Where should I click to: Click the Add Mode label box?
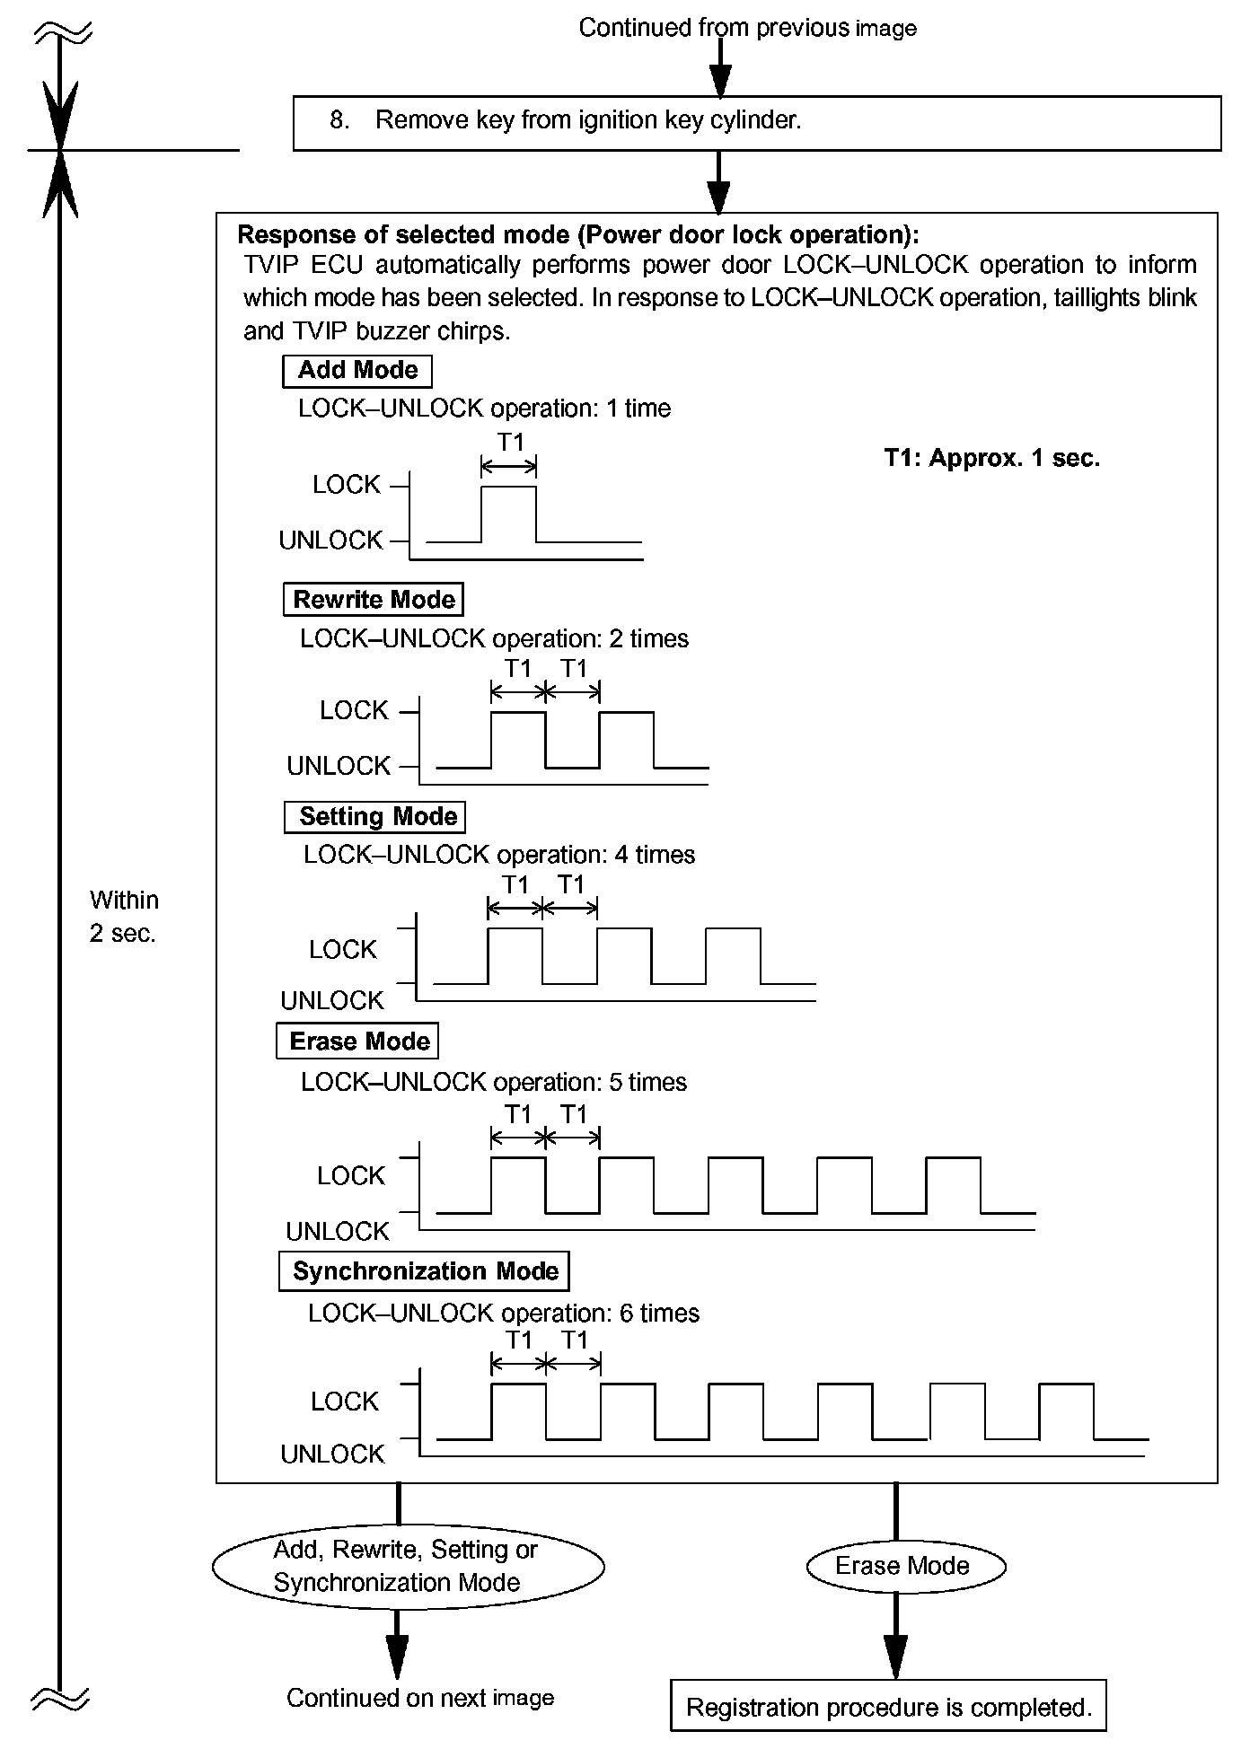[357, 370]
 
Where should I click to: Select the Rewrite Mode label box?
[374, 600]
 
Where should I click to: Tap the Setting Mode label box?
[375, 817]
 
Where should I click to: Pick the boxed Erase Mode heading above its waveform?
[357, 1041]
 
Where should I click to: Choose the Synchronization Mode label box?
[424, 1271]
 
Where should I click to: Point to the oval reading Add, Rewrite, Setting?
[408, 1566]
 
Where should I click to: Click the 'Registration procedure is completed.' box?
[888, 1707]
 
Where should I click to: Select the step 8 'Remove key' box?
[757, 122]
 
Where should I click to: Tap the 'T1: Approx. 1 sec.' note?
[991, 458]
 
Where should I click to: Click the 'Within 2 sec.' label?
[124, 917]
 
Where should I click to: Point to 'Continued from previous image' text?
[747, 28]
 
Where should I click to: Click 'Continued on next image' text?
[420, 1698]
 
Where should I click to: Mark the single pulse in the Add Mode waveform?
[509, 514]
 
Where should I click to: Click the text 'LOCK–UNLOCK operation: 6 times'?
[504, 1313]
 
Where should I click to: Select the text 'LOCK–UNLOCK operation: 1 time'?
[485, 409]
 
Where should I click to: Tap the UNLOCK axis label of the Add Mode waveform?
[330, 541]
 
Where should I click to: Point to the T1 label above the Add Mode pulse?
[510, 442]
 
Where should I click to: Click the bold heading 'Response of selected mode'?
[578, 235]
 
